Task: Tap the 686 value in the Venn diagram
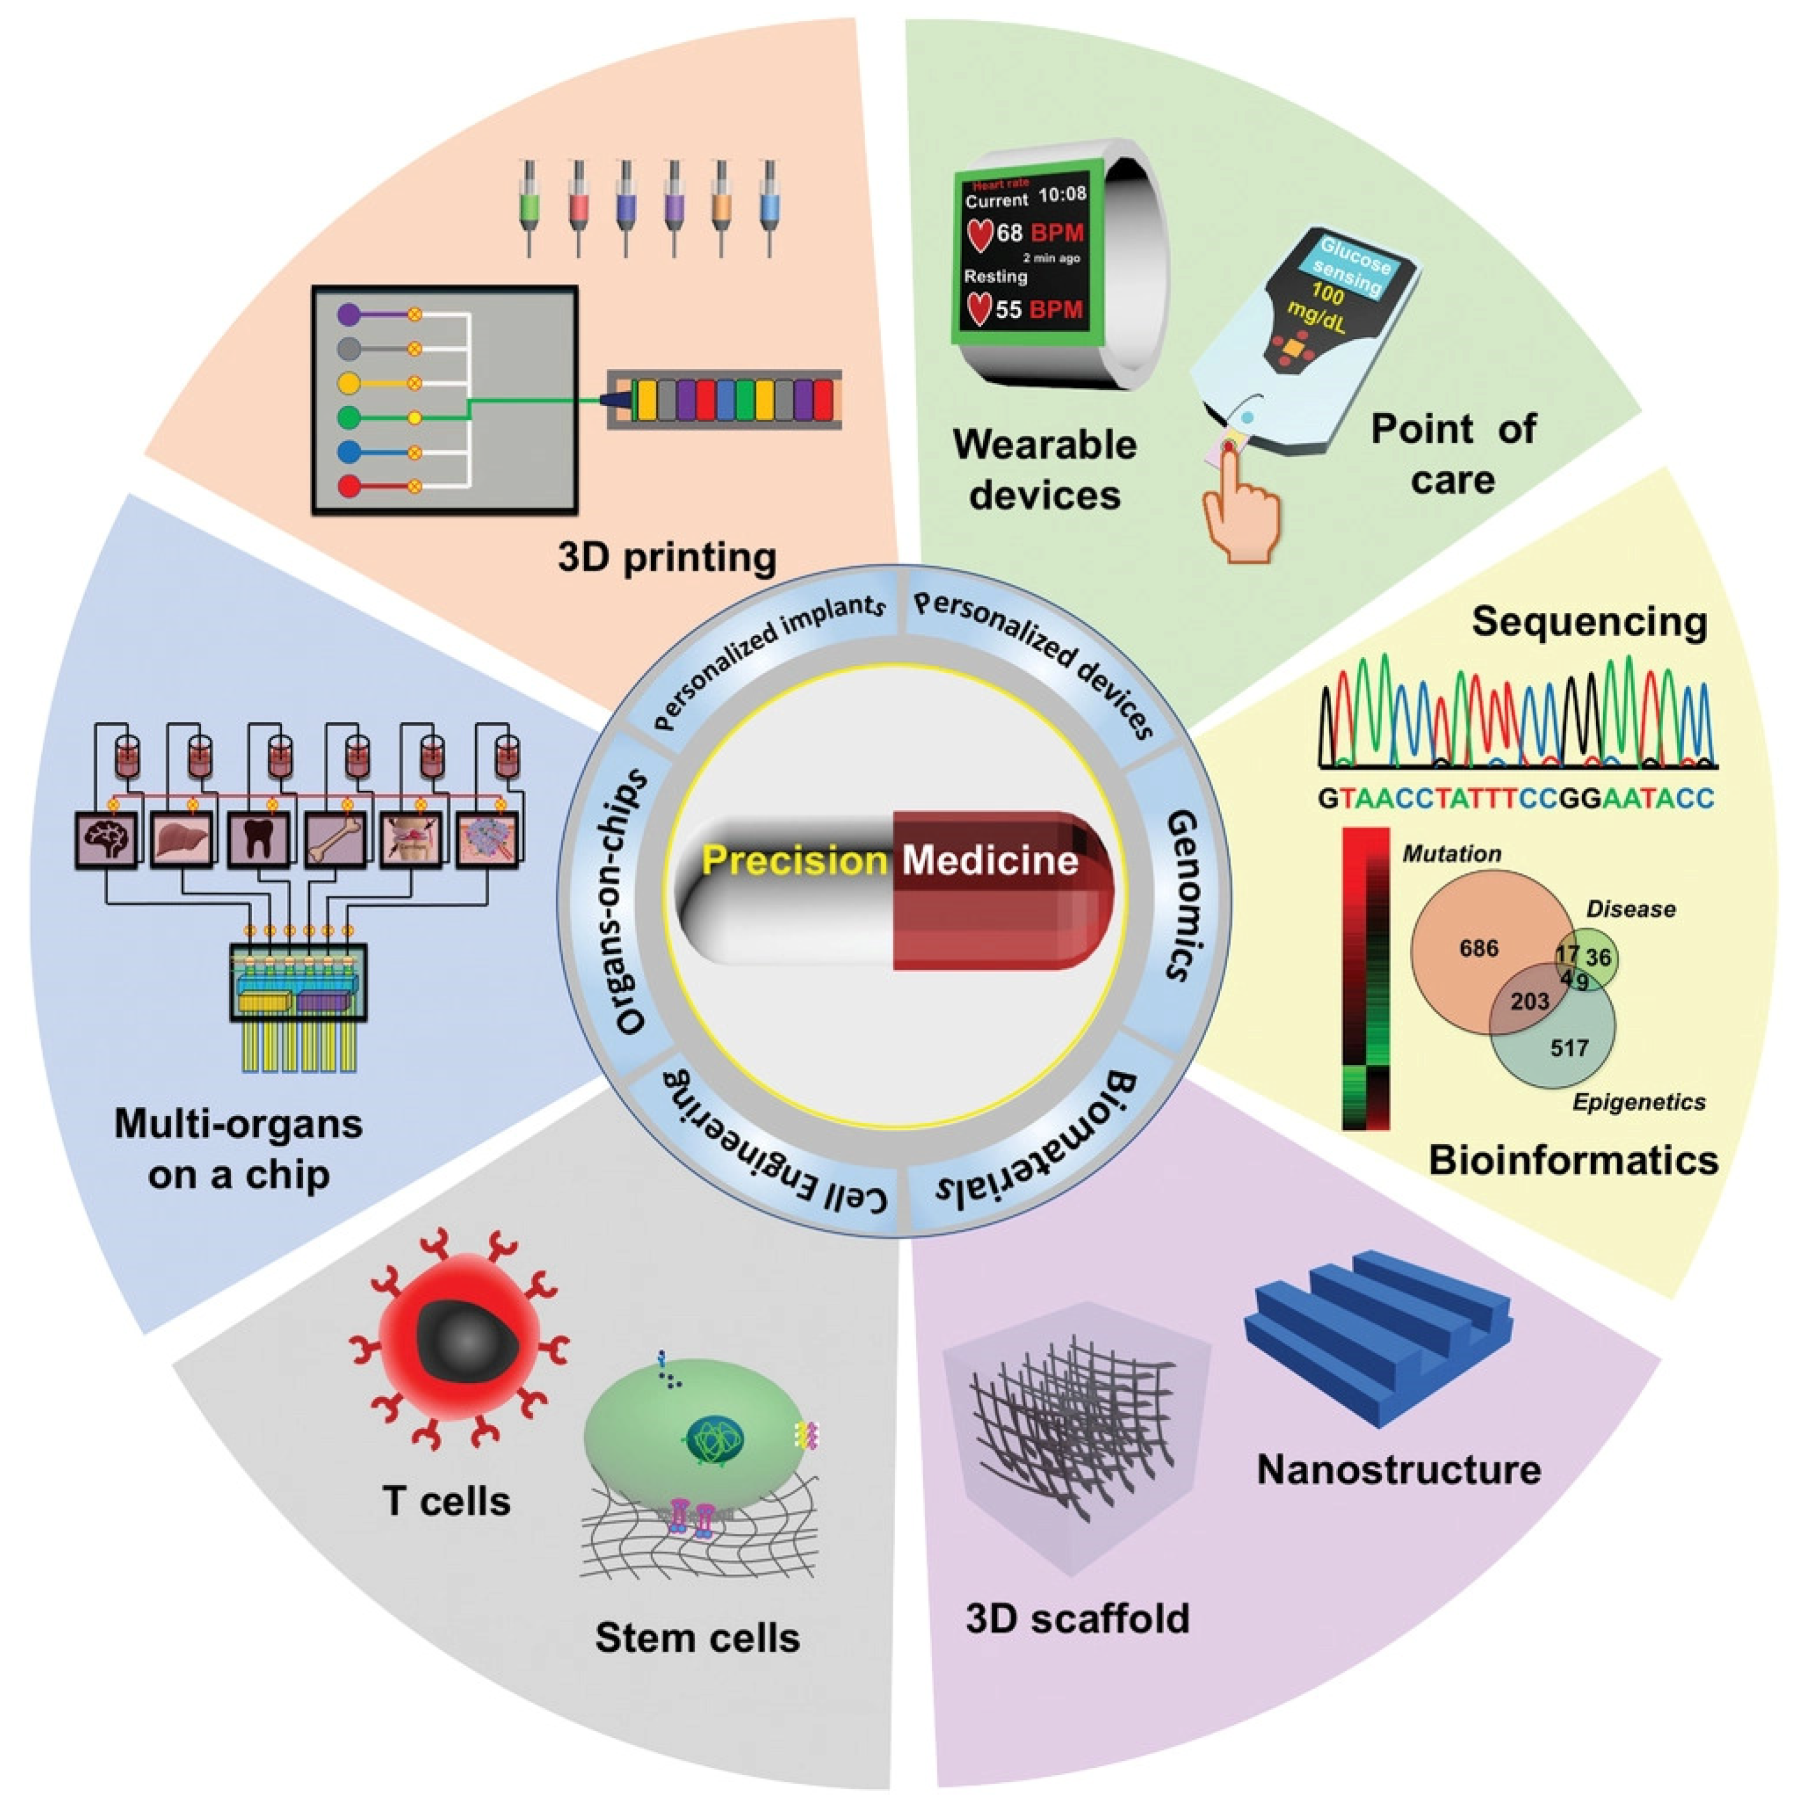[1478, 949]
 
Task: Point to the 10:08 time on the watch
[1062, 195]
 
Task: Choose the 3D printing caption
[667, 558]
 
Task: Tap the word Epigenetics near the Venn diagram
[1639, 1102]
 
